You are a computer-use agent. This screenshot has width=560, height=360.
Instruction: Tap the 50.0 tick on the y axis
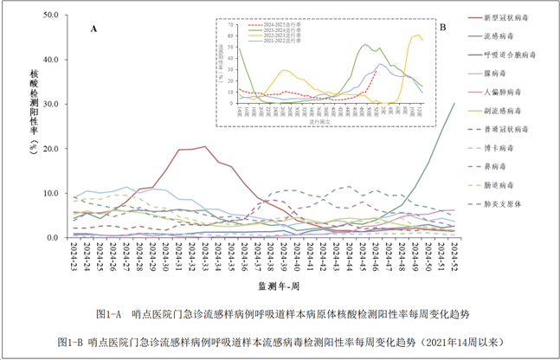[50, 16]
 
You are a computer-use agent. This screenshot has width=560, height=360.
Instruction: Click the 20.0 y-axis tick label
[50, 149]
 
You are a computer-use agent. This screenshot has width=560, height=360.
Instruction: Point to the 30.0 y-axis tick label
[50, 104]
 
